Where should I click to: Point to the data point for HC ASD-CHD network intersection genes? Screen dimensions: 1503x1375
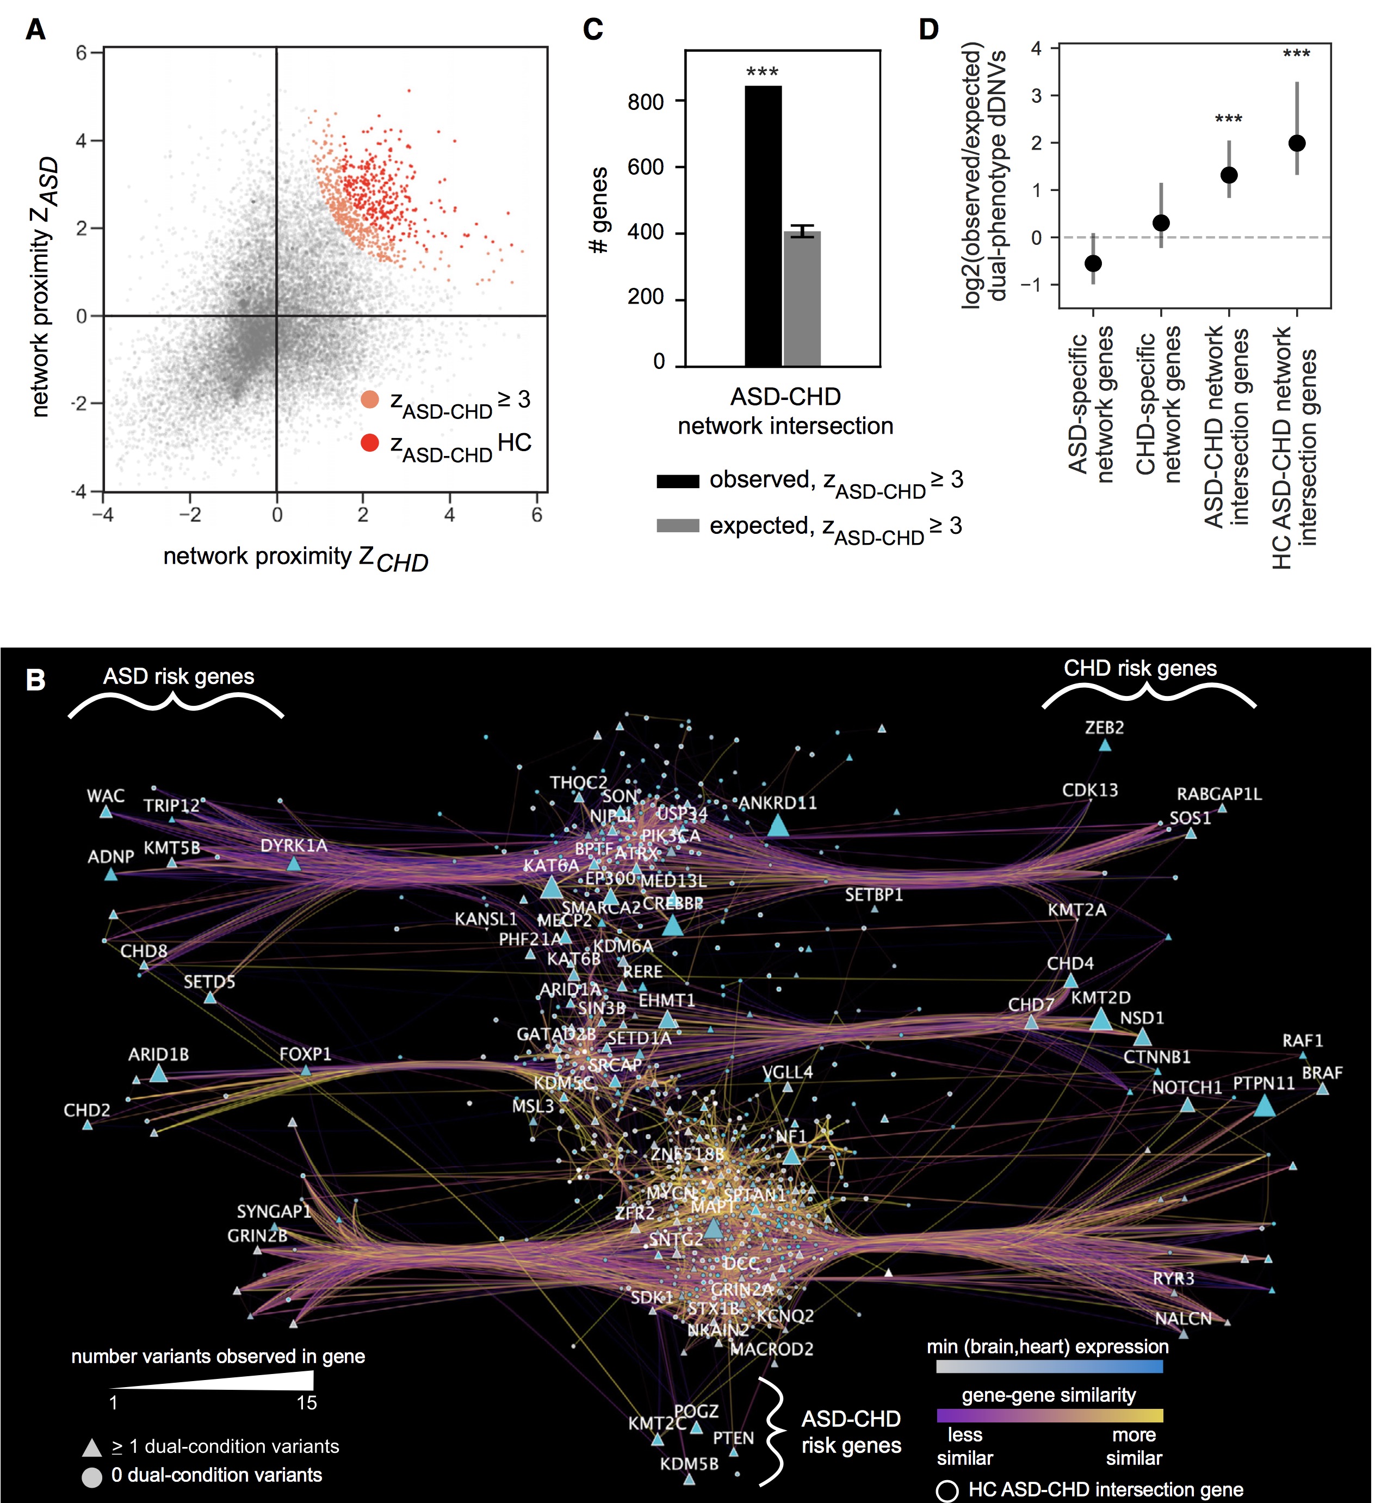(x=1297, y=143)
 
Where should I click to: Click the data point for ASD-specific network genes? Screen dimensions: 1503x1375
(x=1093, y=263)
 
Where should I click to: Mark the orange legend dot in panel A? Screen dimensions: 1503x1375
(x=370, y=399)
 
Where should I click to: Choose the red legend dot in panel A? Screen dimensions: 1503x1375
(x=370, y=443)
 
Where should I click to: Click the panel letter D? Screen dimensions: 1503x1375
(x=928, y=30)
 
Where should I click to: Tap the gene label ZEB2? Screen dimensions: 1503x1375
(x=1105, y=727)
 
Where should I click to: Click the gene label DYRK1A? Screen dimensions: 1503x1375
(x=294, y=846)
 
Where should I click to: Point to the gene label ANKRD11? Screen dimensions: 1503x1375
(x=777, y=803)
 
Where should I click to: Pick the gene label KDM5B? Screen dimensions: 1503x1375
(x=689, y=1463)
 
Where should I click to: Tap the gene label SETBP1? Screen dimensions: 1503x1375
(x=874, y=895)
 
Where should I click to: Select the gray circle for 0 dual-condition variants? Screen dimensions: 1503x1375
(x=92, y=1476)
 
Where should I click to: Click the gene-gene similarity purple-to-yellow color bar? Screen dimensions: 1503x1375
(x=1049, y=1415)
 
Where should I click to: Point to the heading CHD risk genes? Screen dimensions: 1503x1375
(x=1139, y=668)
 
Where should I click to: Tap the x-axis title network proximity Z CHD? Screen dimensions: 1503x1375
(x=296, y=558)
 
